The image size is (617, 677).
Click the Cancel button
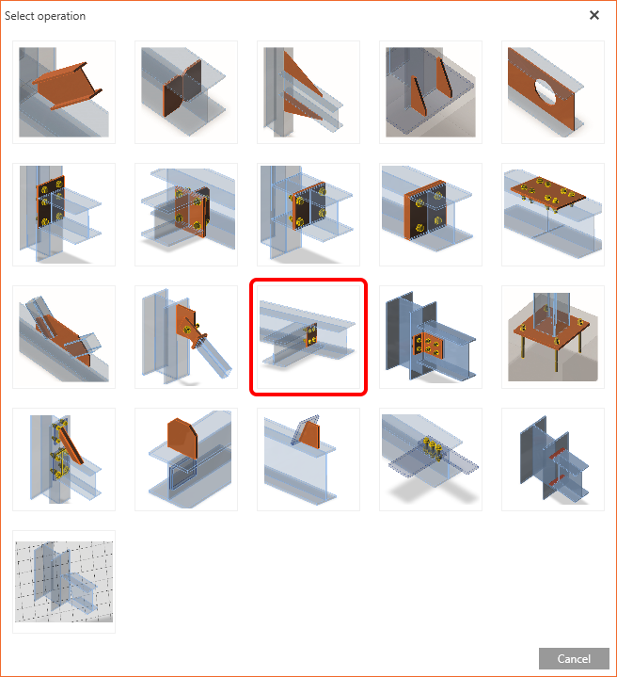coord(574,658)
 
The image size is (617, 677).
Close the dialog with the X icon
coord(594,15)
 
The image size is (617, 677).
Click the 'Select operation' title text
coord(45,16)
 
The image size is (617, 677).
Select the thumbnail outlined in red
coord(308,337)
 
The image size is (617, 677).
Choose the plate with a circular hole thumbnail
coord(553,92)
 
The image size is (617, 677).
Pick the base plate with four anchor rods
coord(553,337)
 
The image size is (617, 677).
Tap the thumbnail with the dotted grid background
coord(64,582)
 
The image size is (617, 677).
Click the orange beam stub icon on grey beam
coord(64,92)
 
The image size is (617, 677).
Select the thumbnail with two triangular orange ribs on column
coord(308,92)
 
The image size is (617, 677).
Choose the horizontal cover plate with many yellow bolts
coord(553,215)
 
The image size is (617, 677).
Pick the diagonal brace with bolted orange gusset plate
coord(186,337)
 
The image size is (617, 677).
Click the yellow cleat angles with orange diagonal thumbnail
coord(64,459)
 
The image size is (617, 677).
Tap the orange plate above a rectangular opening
coord(186,459)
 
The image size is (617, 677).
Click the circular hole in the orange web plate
coord(545,91)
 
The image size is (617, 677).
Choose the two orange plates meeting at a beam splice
coord(186,92)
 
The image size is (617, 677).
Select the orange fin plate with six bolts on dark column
coord(431,337)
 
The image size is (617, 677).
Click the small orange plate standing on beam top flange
coord(308,459)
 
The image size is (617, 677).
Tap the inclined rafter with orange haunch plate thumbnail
coord(64,337)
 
